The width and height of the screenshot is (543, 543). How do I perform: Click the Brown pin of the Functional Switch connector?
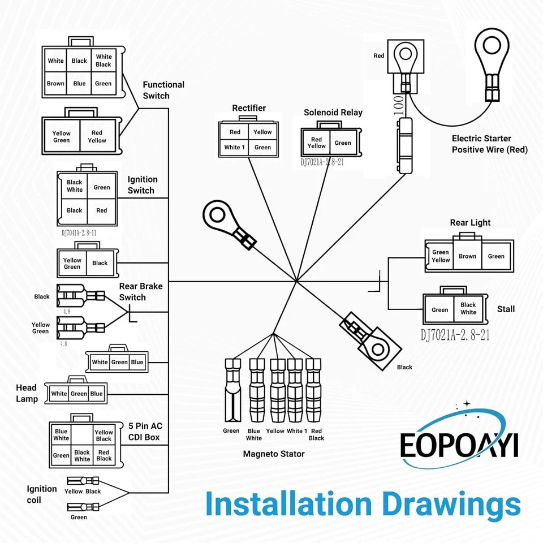pyautogui.click(x=56, y=84)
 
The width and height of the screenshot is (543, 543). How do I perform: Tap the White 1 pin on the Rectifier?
pyautogui.click(x=234, y=147)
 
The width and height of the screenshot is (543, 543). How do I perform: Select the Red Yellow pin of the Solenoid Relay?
pyautogui.click(x=317, y=143)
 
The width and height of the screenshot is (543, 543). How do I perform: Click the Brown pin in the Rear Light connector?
pyautogui.click(x=467, y=256)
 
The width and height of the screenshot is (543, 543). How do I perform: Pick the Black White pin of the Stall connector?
pyautogui.click(x=468, y=308)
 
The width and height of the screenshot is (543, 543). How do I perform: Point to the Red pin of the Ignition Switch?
pyautogui.click(x=101, y=210)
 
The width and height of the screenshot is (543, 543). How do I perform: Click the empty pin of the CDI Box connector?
pyautogui.click(x=81, y=434)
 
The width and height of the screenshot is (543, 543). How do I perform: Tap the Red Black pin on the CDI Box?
pyautogui.click(x=104, y=455)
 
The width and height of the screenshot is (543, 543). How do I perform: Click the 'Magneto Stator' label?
pyautogui.click(x=274, y=454)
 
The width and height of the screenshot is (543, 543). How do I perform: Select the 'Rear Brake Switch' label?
pyautogui.click(x=141, y=292)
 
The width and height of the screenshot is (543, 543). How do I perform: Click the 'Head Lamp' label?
pyautogui.click(x=27, y=393)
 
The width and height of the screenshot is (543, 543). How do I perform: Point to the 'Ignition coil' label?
pyautogui.click(x=41, y=494)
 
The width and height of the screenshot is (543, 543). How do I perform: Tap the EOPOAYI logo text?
pyautogui.click(x=459, y=445)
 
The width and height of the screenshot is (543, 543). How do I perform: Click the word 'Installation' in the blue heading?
pyautogui.click(x=288, y=504)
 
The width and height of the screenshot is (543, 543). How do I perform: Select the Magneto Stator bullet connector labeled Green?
pyautogui.click(x=232, y=390)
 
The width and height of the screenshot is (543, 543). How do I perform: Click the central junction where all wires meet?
pyautogui.click(x=296, y=281)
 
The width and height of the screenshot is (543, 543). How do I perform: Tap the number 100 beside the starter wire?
pyautogui.click(x=399, y=105)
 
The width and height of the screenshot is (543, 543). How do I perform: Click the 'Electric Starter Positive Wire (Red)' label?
pyautogui.click(x=489, y=144)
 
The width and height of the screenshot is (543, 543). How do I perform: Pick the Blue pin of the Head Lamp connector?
pyautogui.click(x=96, y=394)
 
